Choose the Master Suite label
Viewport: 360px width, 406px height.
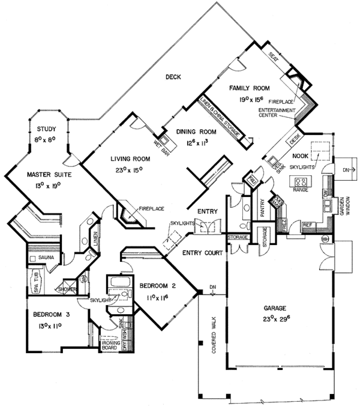49,174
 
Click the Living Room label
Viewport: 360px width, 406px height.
129,159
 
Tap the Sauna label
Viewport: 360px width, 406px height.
47,257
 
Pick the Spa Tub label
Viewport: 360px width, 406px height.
36,279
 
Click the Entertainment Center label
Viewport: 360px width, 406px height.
277,113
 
